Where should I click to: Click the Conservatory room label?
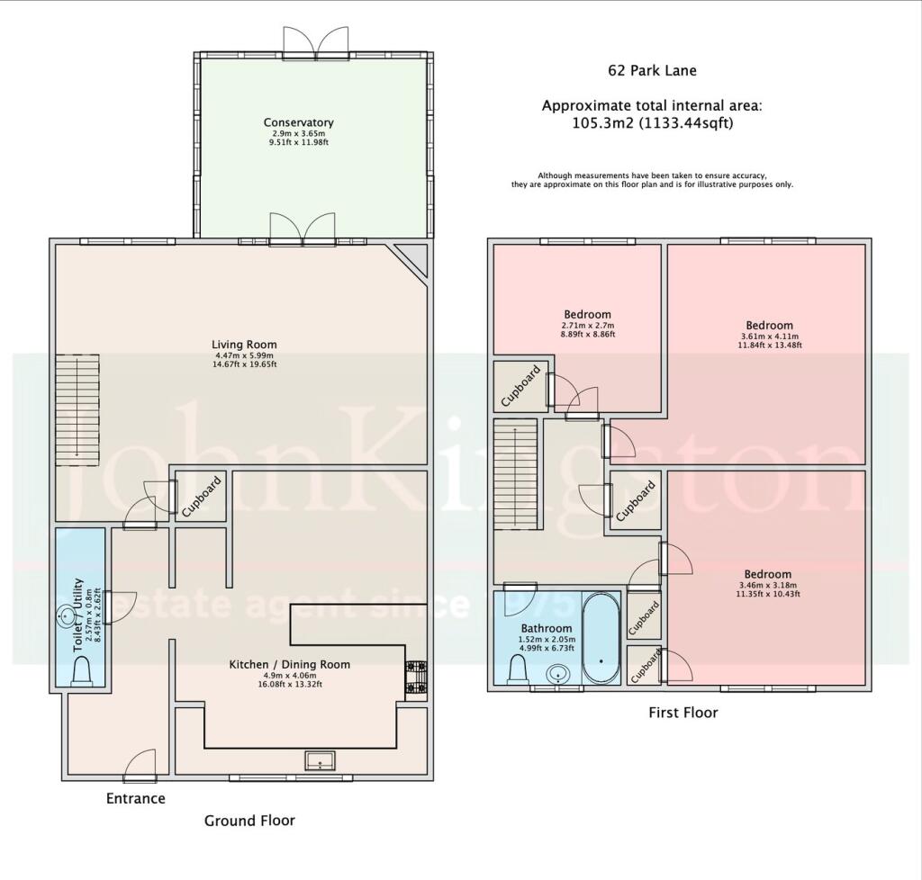coord(298,122)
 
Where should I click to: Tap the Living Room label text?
coord(244,345)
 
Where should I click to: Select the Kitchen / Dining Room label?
coord(289,664)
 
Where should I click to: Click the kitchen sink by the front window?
coord(319,761)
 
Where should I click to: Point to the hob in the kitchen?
coord(416,679)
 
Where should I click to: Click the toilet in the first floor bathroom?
coord(519,668)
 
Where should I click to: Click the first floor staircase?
coord(514,477)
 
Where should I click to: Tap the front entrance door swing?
coord(140,766)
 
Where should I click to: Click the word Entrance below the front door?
coord(136,798)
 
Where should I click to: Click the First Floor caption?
coord(683,713)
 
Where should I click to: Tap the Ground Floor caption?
coord(249,820)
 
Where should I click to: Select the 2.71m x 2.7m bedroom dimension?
coord(587,325)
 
